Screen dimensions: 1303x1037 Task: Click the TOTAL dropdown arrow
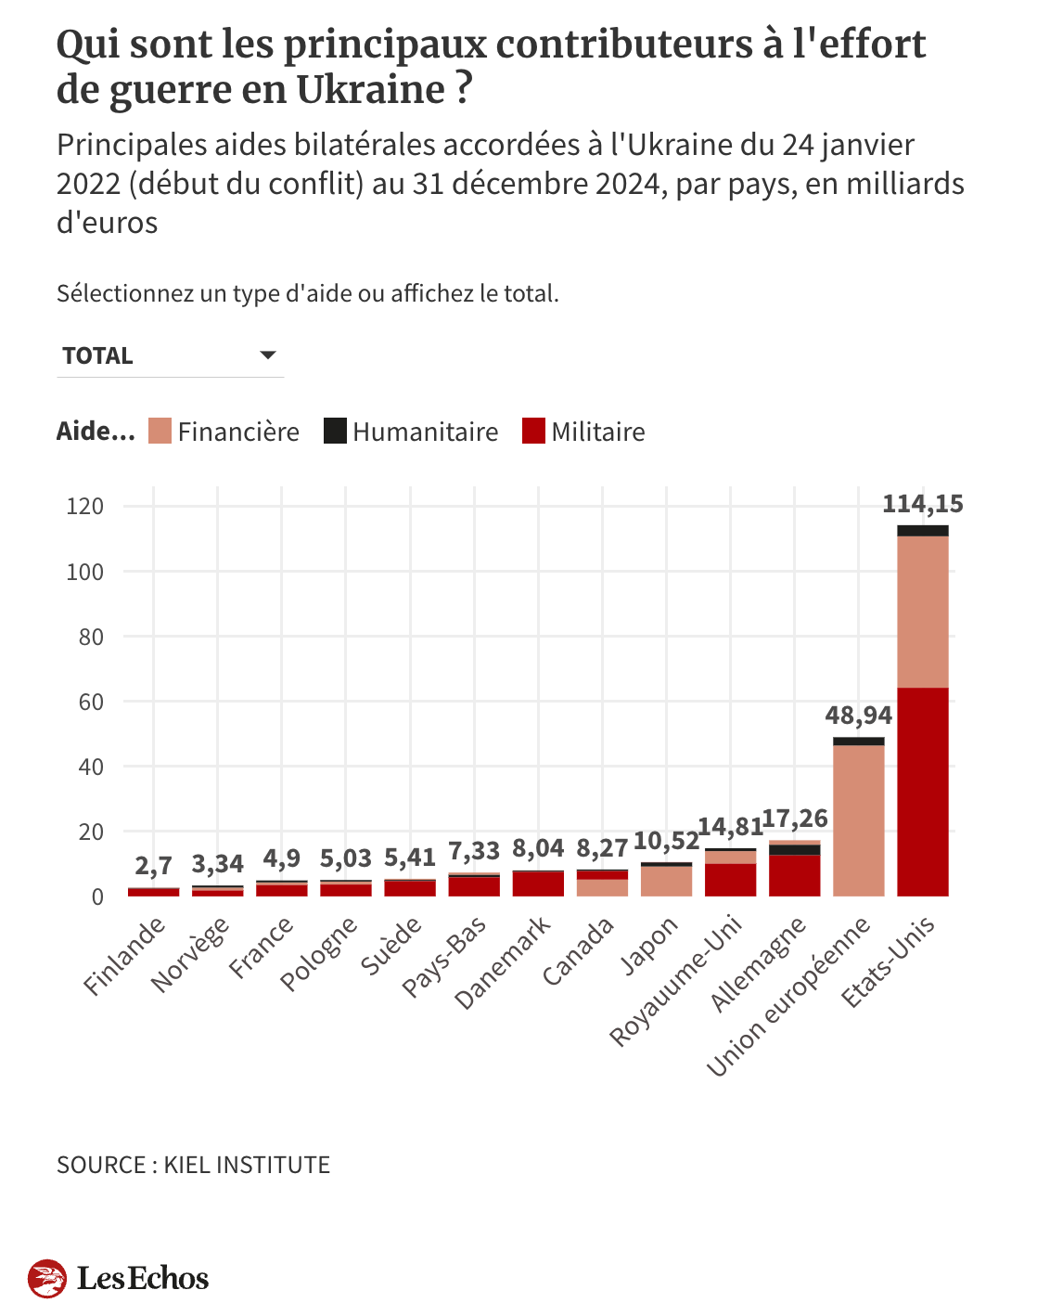click(268, 355)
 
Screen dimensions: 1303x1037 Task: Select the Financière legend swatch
click(160, 432)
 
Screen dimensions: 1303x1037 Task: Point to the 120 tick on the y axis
click(85, 507)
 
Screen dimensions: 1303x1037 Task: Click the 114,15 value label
click(922, 504)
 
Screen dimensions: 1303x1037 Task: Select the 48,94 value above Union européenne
click(858, 716)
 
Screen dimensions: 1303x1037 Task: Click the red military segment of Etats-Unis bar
click(922, 792)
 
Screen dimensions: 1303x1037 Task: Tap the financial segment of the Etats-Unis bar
click(922, 612)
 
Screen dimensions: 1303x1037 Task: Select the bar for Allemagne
click(794, 872)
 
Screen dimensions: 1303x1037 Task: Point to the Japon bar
click(666, 881)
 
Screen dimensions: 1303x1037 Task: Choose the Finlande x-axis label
click(125, 955)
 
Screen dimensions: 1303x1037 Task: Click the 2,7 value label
click(153, 866)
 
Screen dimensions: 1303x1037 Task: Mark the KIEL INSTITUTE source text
click(247, 1165)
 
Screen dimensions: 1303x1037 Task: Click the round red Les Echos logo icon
click(47, 1278)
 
